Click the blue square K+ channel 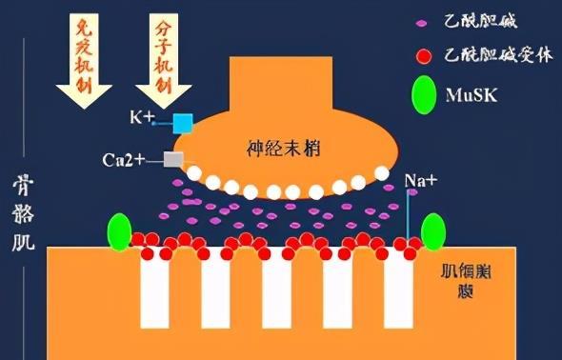[183, 122]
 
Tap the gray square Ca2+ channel [173, 159]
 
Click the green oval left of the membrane [118, 233]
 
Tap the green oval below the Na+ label [433, 232]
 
